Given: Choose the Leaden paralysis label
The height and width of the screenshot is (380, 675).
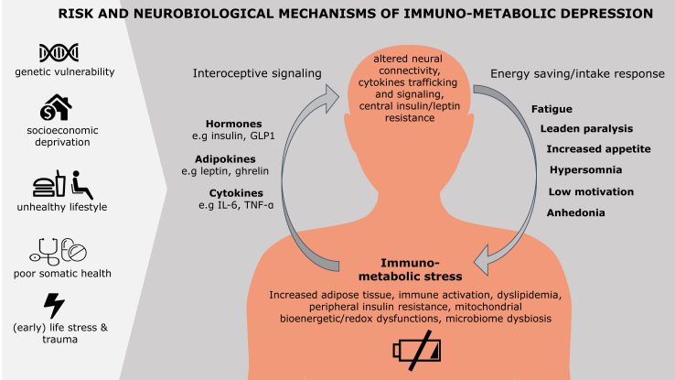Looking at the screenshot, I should pos(584,129).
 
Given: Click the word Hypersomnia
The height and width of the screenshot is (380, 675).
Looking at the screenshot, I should pos(586,170).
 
